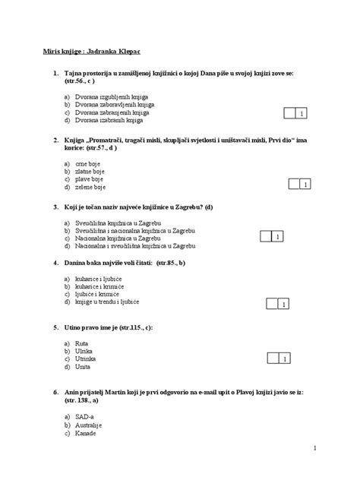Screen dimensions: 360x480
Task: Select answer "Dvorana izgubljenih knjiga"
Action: (107, 97)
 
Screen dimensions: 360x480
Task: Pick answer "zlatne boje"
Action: (90, 171)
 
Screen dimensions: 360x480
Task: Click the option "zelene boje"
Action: (90, 186)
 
